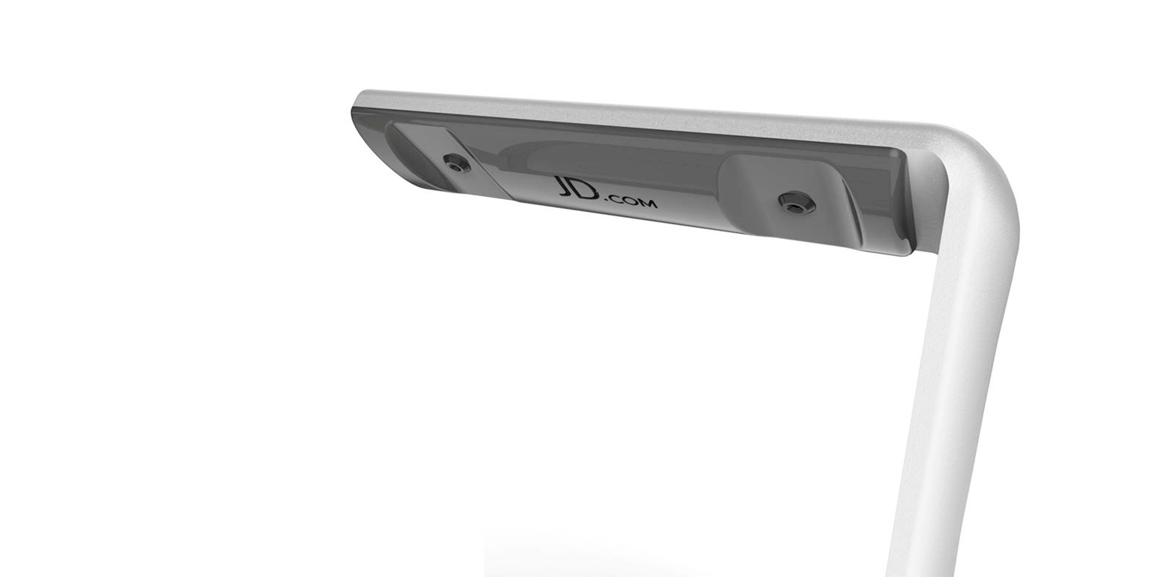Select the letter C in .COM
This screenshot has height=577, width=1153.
(x=614, y=199)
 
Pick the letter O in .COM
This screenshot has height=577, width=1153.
(x=628, y=201)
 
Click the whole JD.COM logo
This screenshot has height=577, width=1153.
(x=606, y=192)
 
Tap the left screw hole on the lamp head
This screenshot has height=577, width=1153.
(x=456, y=163)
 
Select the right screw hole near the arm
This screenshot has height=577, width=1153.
(x=796, y=202)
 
